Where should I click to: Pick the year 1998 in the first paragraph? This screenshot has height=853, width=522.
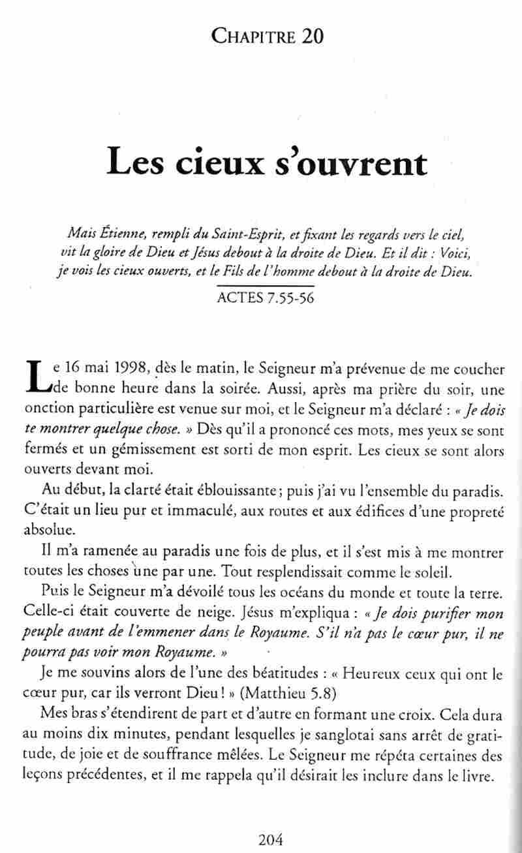coord(136,369)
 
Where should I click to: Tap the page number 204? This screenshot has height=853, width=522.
coord(270,840)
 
